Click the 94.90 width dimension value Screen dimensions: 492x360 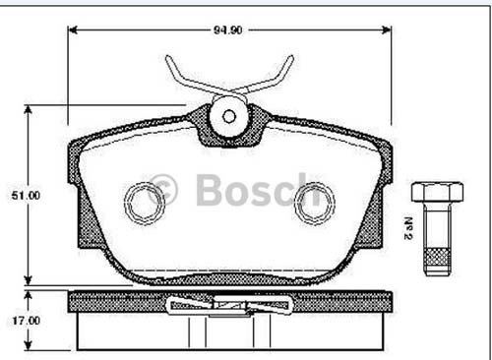228,30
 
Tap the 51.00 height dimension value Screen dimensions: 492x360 26,196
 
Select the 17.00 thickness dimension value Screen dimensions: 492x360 27,321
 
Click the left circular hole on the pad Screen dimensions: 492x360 145,204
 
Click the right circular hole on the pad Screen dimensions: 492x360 315,204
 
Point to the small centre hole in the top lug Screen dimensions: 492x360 228,116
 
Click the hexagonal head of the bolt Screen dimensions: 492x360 438,192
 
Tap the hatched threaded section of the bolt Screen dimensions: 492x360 438,257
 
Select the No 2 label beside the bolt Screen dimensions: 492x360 408,228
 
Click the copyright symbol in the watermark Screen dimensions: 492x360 162,190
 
